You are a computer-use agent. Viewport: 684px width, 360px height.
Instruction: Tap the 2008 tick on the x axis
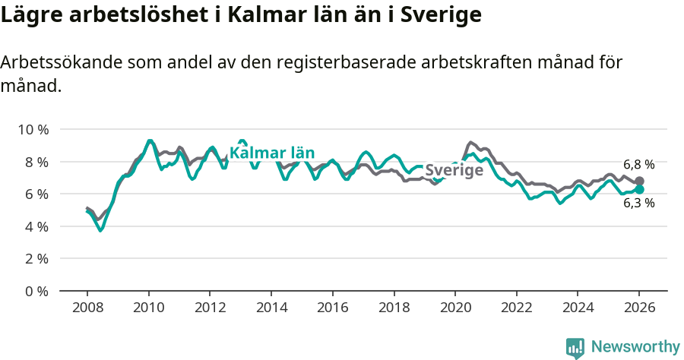pos(87,308)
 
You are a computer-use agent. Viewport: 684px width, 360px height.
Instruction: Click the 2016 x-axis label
pos(332,308)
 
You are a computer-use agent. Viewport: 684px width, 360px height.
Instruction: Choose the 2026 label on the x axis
pos(639,308)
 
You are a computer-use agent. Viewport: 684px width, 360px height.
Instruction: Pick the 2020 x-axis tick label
pos(455,308)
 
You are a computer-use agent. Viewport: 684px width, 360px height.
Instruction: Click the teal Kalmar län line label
pos(272,153)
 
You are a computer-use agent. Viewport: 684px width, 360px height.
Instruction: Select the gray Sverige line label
pos(454,170)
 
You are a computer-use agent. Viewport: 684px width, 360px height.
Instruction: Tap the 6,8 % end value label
pos(638,164)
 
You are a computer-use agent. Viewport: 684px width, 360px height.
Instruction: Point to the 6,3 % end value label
pos(638,203)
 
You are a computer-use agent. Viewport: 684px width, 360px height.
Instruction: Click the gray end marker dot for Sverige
pos(639,181)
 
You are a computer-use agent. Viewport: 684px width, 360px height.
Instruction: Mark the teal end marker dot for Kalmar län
pos(639,189)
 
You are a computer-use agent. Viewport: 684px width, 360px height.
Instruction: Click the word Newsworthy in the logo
pos(635,347)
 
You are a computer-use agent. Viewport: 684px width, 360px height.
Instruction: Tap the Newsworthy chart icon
pos(575,347)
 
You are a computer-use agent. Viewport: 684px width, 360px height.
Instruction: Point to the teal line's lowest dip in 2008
pos(100,230)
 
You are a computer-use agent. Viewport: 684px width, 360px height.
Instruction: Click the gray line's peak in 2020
pos(470,142)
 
